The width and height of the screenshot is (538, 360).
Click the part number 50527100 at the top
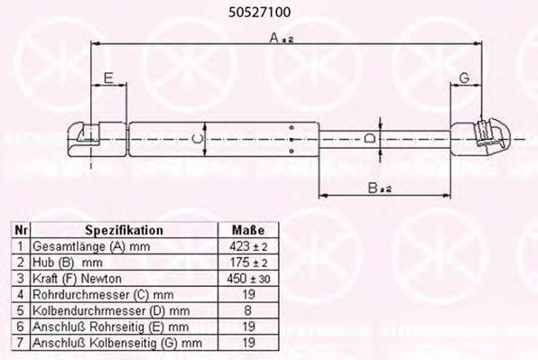point(259,13)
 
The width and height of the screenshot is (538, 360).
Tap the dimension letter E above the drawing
point(108,78)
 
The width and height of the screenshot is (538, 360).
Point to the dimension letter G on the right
point(464,78)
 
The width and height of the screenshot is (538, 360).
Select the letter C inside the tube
point(198,139)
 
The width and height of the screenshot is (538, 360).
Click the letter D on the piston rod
point(369,139)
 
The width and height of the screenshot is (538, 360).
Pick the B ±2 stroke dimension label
point(379,188)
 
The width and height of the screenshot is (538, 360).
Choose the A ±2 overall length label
point(282,38)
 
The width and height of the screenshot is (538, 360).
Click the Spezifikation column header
point(125,230)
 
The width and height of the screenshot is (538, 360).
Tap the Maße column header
point(248,230)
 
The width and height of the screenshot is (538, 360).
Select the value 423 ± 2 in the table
point(248,246)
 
